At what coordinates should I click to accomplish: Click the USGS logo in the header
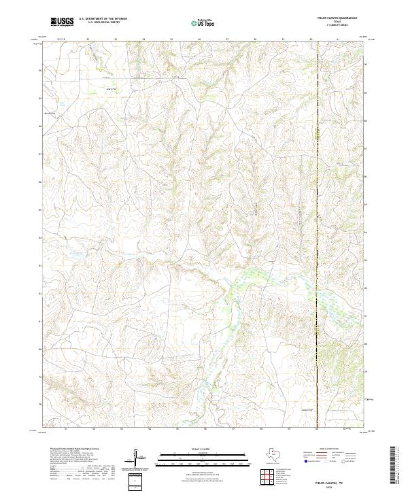[62, 22]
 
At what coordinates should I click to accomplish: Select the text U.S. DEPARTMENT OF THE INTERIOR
[103, 19]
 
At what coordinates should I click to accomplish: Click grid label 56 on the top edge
[199, 39]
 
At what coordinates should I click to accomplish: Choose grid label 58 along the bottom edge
[261, 430]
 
